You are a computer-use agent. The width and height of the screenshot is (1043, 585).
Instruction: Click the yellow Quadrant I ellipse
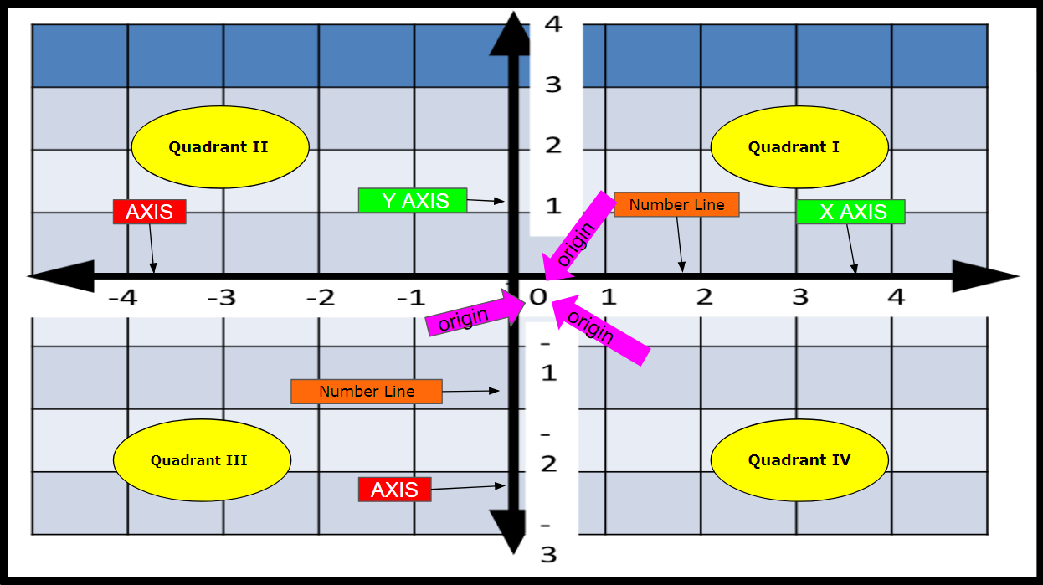click(x=799, y=147)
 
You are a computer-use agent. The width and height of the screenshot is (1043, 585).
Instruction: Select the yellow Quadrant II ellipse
click(x=220, y=147)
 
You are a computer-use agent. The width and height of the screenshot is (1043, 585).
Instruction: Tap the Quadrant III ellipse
click(x=202, y=460)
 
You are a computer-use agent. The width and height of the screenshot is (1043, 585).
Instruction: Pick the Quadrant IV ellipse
click(x=799, y=460)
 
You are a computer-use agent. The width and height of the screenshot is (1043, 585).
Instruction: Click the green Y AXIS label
click(x=413, y=201)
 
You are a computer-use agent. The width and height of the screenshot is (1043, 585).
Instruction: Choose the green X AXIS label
click(x=850, y=212)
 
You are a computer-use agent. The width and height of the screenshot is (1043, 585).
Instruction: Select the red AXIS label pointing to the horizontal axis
click(x=149, y=212)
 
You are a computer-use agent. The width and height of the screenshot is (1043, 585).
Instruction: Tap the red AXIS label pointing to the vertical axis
click(x=394, y=490)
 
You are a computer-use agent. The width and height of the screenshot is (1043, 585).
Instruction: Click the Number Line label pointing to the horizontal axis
click(x=676, y=205)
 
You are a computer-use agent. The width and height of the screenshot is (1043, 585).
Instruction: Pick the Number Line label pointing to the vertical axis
click(x=366, y=392)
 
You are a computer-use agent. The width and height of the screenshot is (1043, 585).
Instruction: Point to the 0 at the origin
click(x=537, y=297)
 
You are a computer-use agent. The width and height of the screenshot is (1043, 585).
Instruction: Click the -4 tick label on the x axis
click(x=122, y=298)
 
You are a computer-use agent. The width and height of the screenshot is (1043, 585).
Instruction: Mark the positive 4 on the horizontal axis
click(x=896, y=297)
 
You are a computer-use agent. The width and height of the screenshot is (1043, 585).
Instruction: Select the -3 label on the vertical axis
click(x=548, y=544)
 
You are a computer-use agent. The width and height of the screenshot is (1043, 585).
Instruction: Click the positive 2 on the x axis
click(x=704, y=297)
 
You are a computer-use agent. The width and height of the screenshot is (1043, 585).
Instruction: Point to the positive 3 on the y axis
click(x=552, y=85)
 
